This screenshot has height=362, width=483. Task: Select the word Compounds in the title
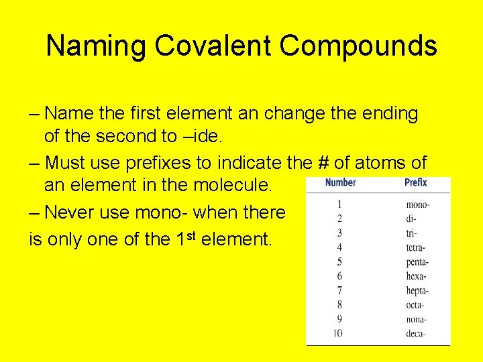(x=358, y=46)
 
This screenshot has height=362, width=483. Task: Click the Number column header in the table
(x=340, y=182)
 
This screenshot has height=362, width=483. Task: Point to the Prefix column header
(x=416, y=182)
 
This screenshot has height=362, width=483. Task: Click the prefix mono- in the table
(x=418, y=204)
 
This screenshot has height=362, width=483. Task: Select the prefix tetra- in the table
(x=417, y=247)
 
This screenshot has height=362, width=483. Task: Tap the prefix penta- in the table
(x=418, y=262)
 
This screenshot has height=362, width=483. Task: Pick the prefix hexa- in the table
(x=417, y=276)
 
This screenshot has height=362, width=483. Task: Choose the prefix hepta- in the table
(x=417, y=291)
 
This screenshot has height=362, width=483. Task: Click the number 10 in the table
(x=338, y=333)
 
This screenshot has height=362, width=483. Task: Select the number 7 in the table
(x=339, y=290)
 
